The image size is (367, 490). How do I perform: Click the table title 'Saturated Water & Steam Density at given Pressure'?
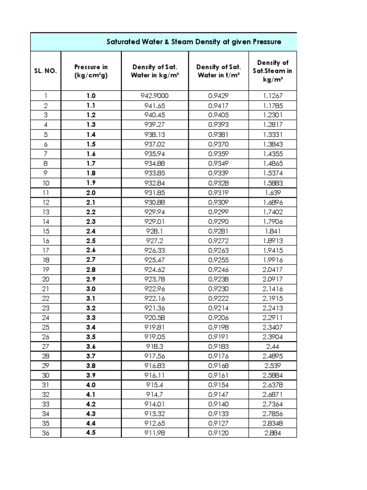(x=194, y=42)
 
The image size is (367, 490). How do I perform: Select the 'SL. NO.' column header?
(x=45, y=71)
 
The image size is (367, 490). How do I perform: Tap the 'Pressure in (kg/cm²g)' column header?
(x=91, y=71)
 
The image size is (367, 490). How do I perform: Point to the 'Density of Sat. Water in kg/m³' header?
(x=155, y=71)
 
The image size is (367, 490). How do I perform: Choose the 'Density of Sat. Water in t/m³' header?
(x=219, y=71)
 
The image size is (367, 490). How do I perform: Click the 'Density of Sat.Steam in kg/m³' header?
(x=273, y=71)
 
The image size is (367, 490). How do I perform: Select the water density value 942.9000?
(x=155, y=96)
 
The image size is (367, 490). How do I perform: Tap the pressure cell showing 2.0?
(x=91, y=192)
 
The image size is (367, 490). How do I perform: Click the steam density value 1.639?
(x=273, y=192)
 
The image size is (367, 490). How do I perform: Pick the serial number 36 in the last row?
(x=45, y=434)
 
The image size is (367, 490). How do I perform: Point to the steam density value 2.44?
(x=273, y=346)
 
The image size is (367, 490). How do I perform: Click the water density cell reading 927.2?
(x=155, y=240)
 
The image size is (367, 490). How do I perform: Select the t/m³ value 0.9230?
(x=219, y=289)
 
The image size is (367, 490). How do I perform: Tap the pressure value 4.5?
(x=91, y=434)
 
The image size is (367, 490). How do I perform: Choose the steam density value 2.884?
(x=273, y=434)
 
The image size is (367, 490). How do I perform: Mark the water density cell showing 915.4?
(x=155, y=385)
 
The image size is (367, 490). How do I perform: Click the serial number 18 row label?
(x=45, y=260)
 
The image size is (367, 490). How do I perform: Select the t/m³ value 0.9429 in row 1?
(x=219, y=96)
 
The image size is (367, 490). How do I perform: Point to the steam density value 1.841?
(x=273, y=231)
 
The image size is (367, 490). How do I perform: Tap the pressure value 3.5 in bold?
(x=91, y=337)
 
